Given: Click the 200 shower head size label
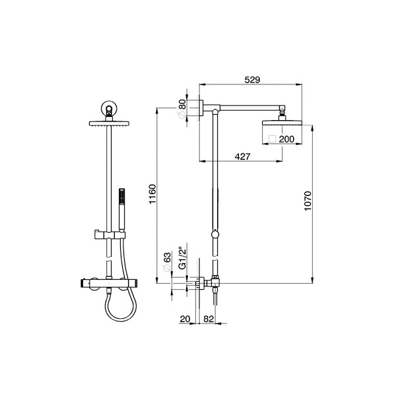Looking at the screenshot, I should coord(286,139).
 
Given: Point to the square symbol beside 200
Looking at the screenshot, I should coord(271,139).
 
